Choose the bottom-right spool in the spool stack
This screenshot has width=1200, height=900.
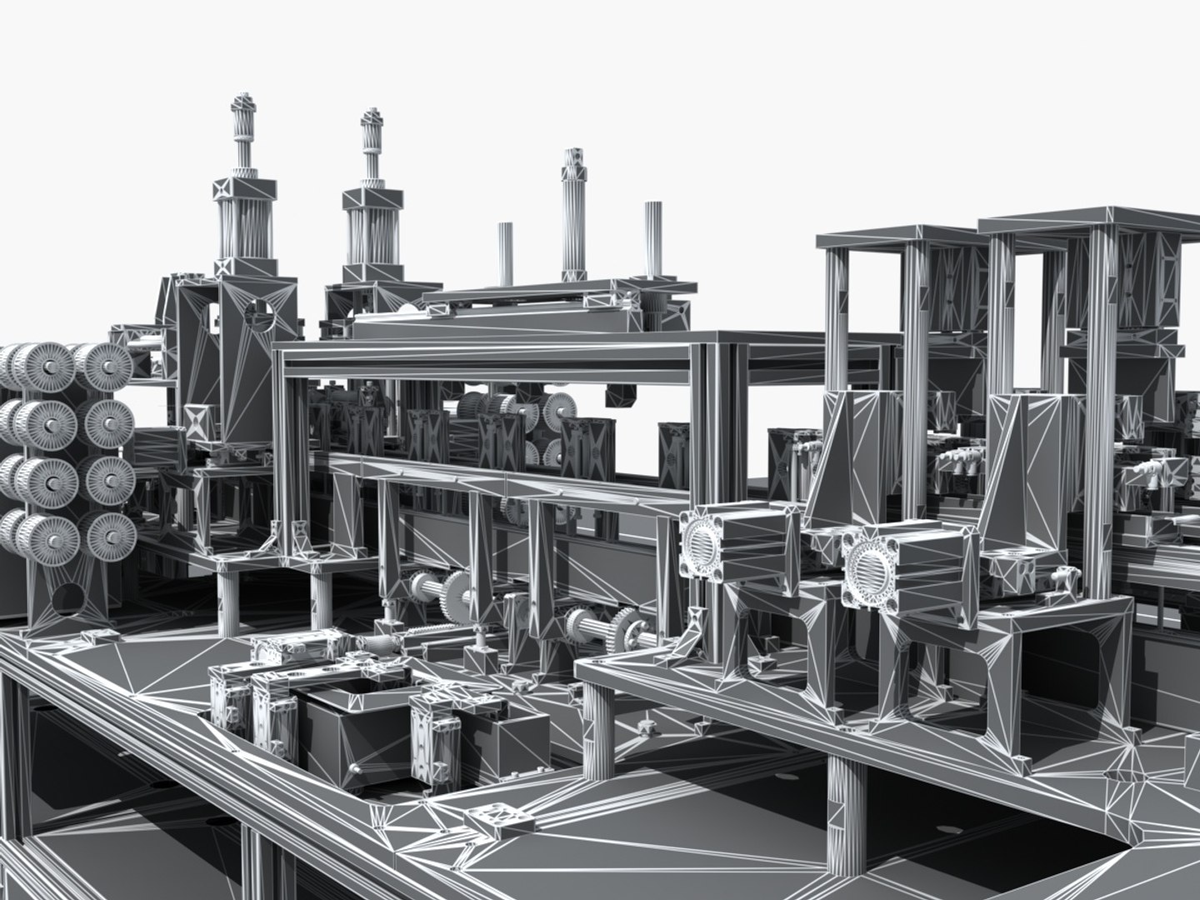pyautogui.click(x=111, y=532)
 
